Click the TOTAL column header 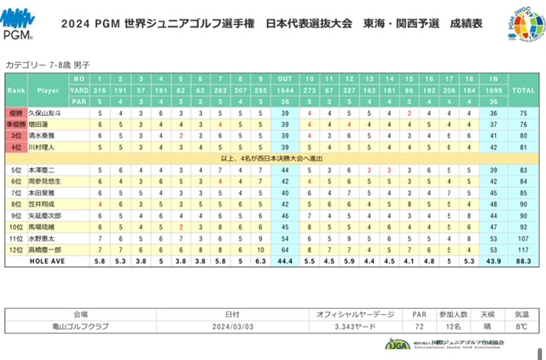tap(522, 89)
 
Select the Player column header tap(49, 89)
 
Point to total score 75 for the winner tap(522, 113)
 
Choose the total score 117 tap(522, 250)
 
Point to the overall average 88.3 tap(522, 261)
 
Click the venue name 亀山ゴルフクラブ tap(81, 327)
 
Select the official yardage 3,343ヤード tap(341, 327)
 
